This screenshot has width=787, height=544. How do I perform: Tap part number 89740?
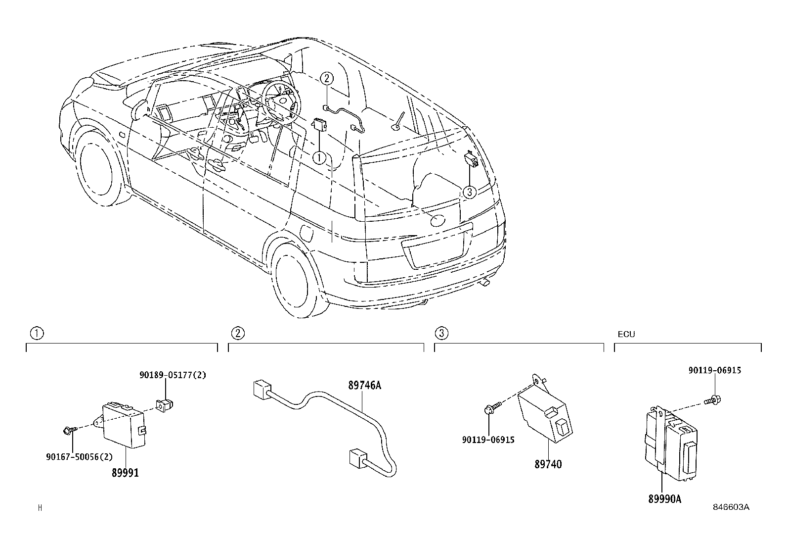click(x=548, y=464)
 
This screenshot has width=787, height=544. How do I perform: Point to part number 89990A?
click(x=664, y=499)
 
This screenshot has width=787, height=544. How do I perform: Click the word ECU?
click(x=626, y=334)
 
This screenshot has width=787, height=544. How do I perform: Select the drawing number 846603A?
click(x=731, y=507)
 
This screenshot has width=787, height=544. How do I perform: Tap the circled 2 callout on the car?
click(x=327, y=78)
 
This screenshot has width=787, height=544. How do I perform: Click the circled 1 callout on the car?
click(x=319, y=158)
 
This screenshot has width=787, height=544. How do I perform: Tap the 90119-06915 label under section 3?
click(x=488, y=440)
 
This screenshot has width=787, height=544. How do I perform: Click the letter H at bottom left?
click(x=40, y=507)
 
